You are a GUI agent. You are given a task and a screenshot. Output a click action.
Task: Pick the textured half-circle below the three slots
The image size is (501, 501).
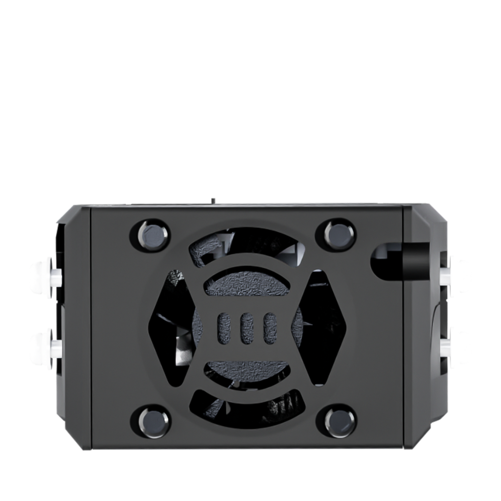point(246,369)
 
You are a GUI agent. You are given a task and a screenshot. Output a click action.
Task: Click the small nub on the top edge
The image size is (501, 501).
point(213,200)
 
